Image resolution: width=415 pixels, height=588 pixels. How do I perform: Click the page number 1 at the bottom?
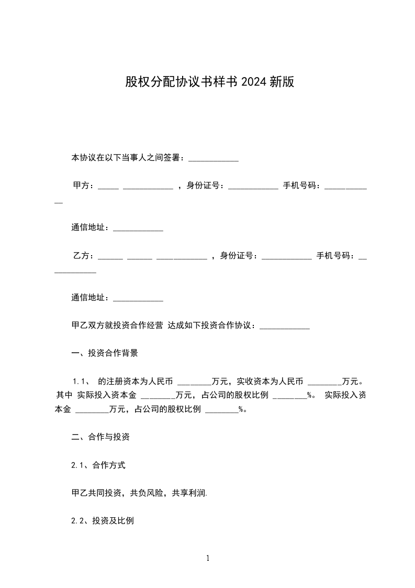click(x=208, y=558)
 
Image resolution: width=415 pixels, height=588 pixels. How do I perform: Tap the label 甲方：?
click(x=83, y=185)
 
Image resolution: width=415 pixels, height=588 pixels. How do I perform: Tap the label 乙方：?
click(x=83, y=256)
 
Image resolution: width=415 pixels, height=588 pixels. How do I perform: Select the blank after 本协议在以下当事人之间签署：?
click(x=213, y=158)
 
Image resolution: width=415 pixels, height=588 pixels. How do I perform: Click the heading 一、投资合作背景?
click(x=105, y=353)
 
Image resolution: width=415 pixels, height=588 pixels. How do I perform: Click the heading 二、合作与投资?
click(x=100, y=437)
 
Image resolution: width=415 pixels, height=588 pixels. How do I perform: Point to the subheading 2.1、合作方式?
click(x=98, y=465)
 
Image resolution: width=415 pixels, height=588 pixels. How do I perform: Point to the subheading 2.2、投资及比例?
click(x=103, y=521)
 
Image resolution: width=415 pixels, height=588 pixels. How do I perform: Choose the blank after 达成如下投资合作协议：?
click(x=285, y=326)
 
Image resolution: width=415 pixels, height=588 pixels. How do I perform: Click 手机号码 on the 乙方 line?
click(x=335, y=256)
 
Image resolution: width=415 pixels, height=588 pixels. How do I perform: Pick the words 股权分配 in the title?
click(x=148, y=82)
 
